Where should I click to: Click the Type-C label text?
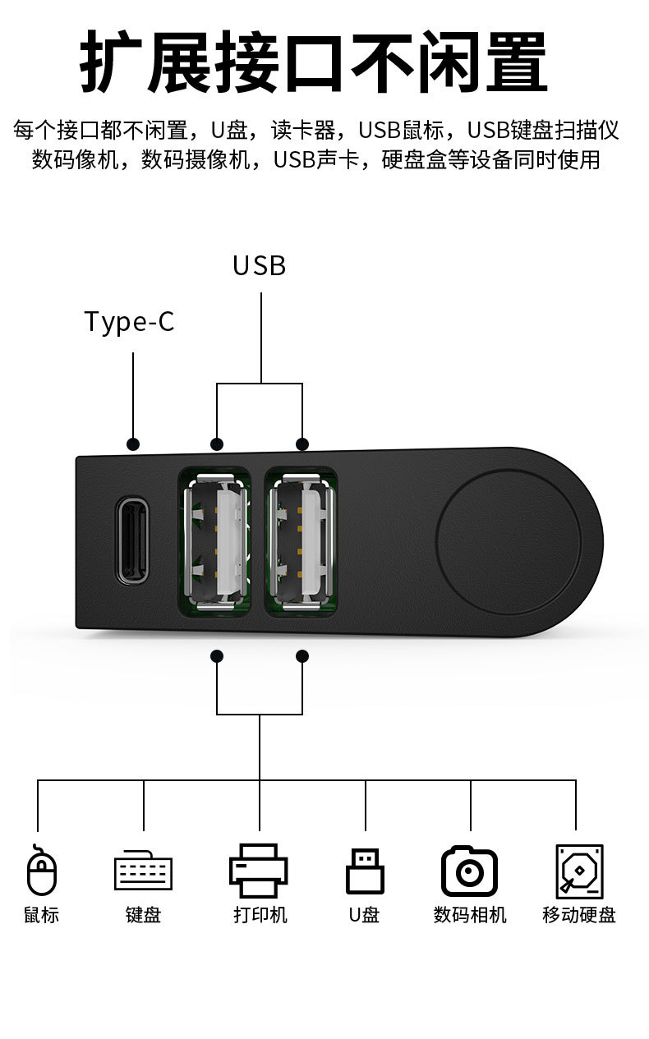129,321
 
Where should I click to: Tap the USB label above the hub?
259,265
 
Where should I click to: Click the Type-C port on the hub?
132,540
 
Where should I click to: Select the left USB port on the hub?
214,541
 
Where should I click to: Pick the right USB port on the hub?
301,541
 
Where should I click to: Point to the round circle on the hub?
509,541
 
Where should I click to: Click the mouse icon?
42,871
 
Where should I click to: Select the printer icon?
259,871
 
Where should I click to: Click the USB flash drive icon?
365,871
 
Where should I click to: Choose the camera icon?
469,871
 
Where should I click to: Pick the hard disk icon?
578,871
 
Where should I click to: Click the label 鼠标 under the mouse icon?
41,914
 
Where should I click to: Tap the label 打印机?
260,914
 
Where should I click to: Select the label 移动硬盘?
578,914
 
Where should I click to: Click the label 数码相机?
470,914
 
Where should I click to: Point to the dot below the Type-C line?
133,444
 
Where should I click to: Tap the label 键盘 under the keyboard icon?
143,914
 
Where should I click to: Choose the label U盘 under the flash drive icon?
364,914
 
